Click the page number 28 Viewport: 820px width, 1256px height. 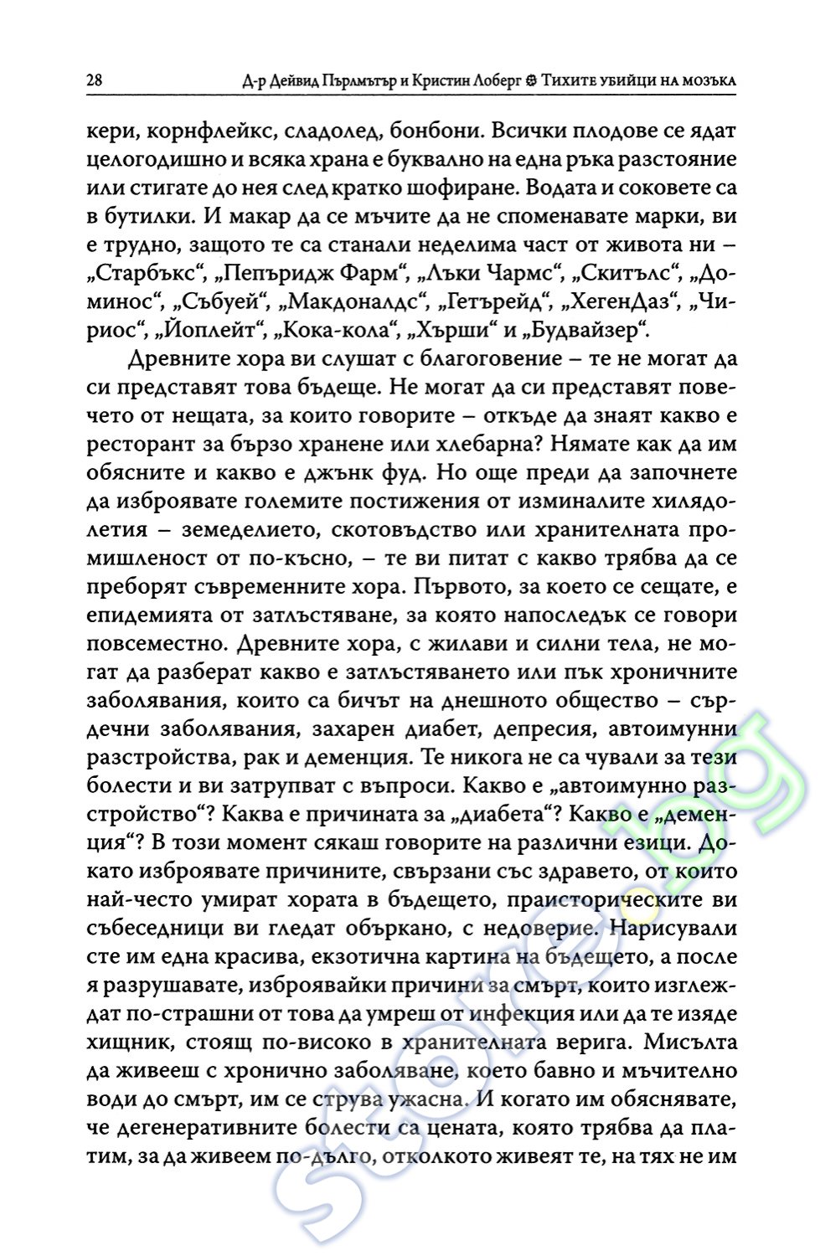(x=94, y=81)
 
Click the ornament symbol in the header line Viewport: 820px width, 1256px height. (x=529, y=81)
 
